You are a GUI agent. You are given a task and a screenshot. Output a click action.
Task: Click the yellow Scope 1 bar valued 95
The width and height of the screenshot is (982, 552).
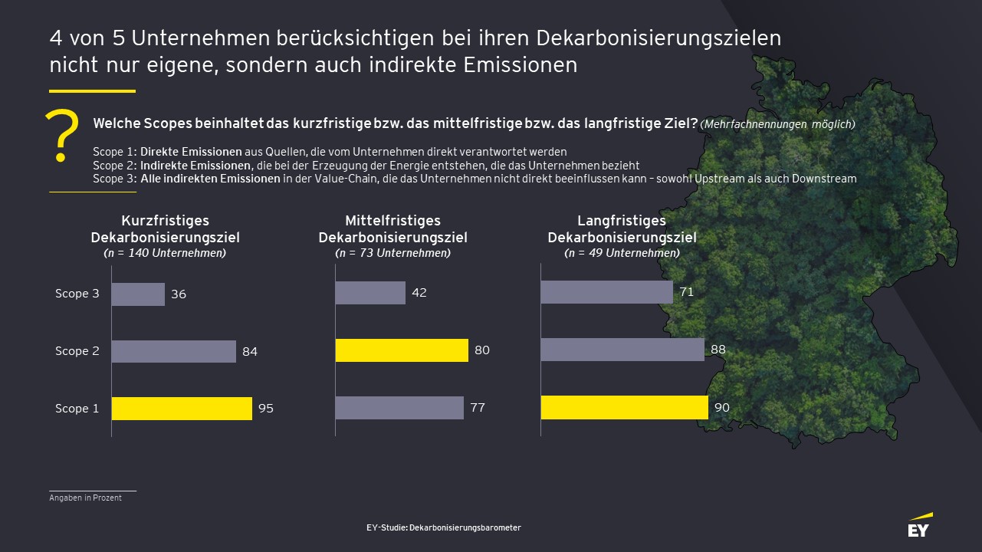pyautogui.click(x=182, y=409)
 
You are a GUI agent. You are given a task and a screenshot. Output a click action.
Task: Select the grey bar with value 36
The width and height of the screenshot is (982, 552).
pyautogui.click(x=138, y=294)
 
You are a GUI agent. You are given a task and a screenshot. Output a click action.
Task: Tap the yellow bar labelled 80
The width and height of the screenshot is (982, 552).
pyautogui.click(x=402, y=350)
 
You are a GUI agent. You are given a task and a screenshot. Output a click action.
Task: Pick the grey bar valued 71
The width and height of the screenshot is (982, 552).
pyautogui.click(x=606, y=292)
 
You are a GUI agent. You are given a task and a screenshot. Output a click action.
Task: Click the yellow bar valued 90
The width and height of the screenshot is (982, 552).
pyautogui.click(x=624, y=408)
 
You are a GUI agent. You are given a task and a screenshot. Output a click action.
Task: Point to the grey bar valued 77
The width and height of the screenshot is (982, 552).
pyautogui.click(x=399, y=408)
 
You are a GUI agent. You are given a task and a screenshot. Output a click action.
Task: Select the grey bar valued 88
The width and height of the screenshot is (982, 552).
pyautogui.click(x=622, y=350)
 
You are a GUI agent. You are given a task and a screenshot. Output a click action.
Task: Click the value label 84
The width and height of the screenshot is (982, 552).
pyautogui.click(x=250, y=352)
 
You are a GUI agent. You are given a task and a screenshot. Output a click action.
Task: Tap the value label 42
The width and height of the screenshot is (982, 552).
pyautogui.click(x=419, y=293)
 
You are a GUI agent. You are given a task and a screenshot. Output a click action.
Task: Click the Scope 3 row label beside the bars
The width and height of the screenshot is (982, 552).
pyautogui.click(x=77, y=294)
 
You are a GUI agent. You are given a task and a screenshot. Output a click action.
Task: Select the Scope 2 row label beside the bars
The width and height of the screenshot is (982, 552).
pyautogui.click(x=77, y=351)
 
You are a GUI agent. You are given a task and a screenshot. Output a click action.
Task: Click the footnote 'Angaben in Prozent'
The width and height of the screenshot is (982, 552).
pyautogui.click(x=85, y=498)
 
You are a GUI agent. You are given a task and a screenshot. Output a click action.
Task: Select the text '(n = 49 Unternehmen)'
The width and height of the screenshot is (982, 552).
pyautogui.click(x=622, y=252)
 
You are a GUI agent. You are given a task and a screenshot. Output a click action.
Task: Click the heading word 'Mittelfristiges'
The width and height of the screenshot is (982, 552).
pyautogui.click(x=392, y=221)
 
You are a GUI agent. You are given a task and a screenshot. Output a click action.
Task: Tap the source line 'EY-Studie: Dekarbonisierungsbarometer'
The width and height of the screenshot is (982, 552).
pyautogui.click(x=444, y=527)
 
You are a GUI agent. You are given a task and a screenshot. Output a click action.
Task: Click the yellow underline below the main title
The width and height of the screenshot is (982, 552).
pyautogui.click(x=92, y=91)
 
